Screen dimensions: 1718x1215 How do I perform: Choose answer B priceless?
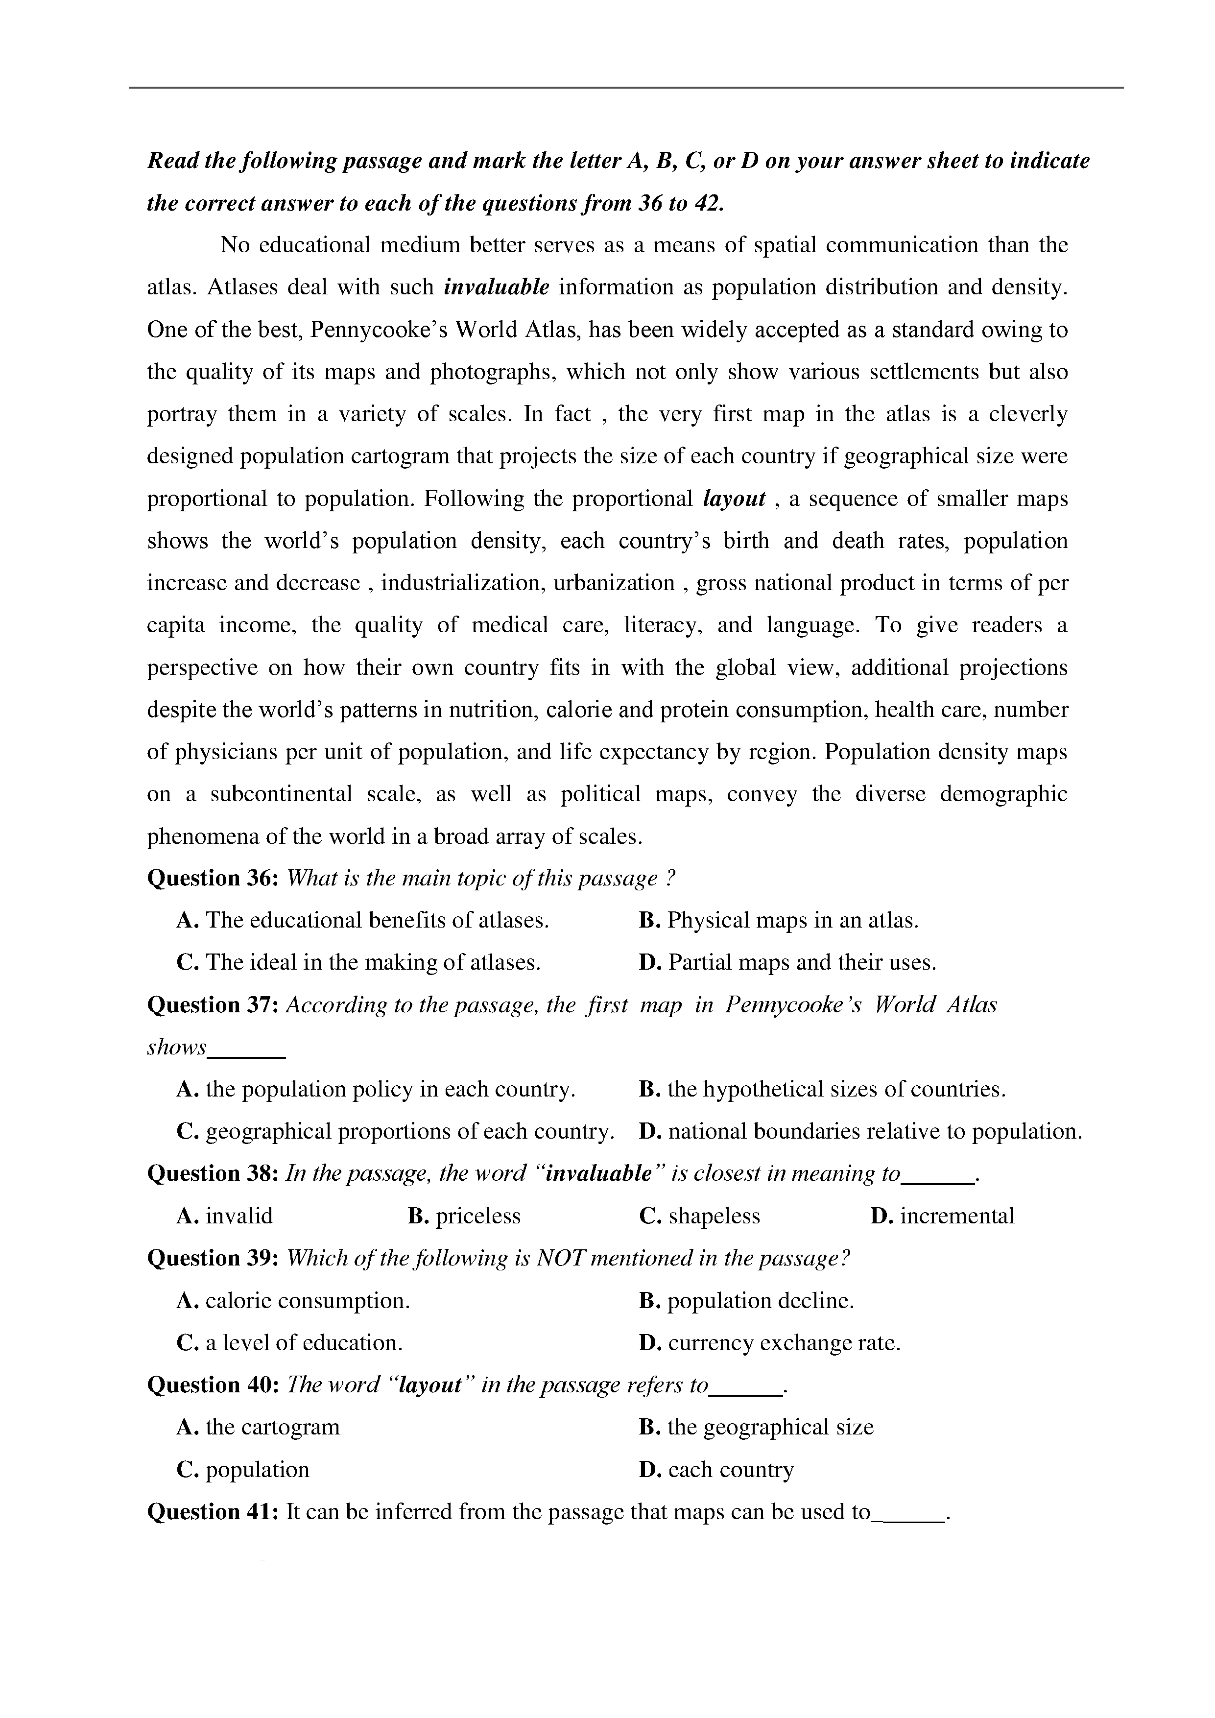coord(464,1216)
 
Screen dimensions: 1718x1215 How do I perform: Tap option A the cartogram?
coord(258,1427)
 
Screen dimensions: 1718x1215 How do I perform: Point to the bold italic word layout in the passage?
coord(735,499)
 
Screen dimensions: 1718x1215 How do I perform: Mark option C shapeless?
coord(699,1216)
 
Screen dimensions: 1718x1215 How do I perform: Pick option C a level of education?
coord(289,1343)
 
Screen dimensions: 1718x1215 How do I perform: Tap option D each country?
coord(717,1470)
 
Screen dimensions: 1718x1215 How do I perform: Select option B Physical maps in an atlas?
coord(779,920)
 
